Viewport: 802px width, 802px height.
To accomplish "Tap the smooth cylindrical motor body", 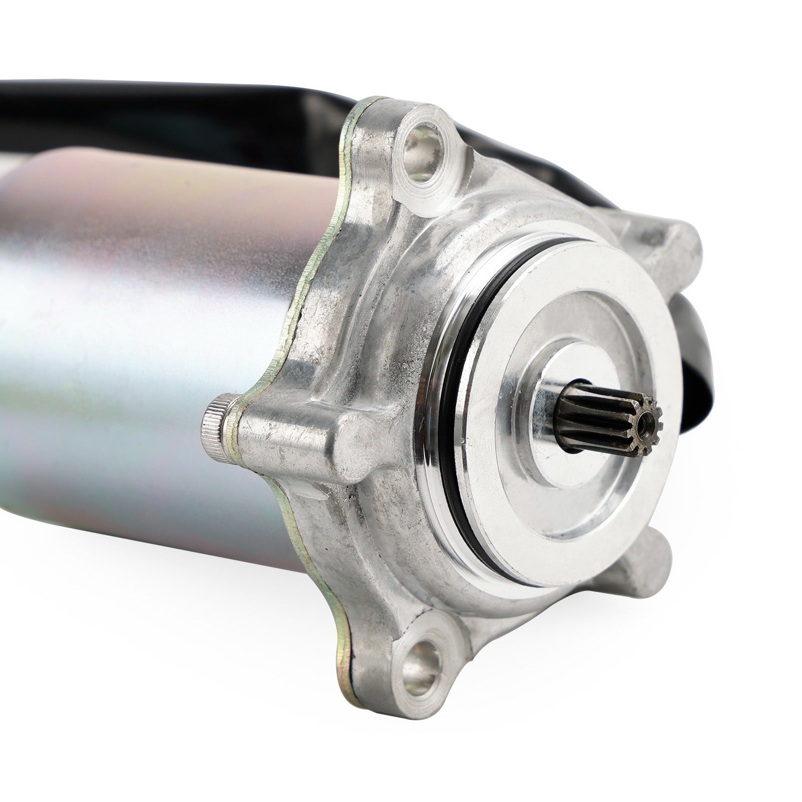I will (125, 351).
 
